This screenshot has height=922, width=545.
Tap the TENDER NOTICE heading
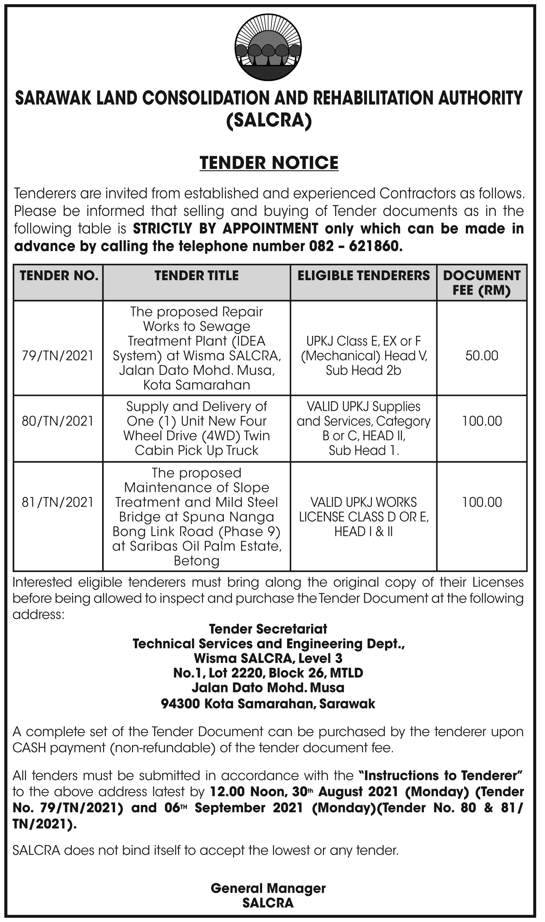pos(269,163)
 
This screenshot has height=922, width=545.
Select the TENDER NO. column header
pos(59,276)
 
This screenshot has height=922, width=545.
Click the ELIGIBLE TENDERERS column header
pos(363,276)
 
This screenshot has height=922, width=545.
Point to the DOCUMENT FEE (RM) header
pos(481,283)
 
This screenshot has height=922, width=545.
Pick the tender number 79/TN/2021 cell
pos(58,356)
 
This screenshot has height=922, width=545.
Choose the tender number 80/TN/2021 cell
pos(58,421)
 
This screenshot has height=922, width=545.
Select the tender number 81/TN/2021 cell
pos(58,502)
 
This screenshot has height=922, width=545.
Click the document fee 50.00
pos(481,356)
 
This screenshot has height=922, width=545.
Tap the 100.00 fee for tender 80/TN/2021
pos(481,421)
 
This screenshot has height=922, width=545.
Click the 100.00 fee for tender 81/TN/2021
pos(481,502)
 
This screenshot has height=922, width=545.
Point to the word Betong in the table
pos(196,561)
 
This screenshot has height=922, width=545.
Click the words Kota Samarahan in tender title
pos(196,385)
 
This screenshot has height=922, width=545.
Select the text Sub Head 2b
pos(363,370)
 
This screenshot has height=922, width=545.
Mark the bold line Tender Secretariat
pos(268,629)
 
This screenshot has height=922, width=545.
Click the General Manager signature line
pos(268,888)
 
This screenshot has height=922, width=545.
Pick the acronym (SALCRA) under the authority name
pos(269,120)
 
